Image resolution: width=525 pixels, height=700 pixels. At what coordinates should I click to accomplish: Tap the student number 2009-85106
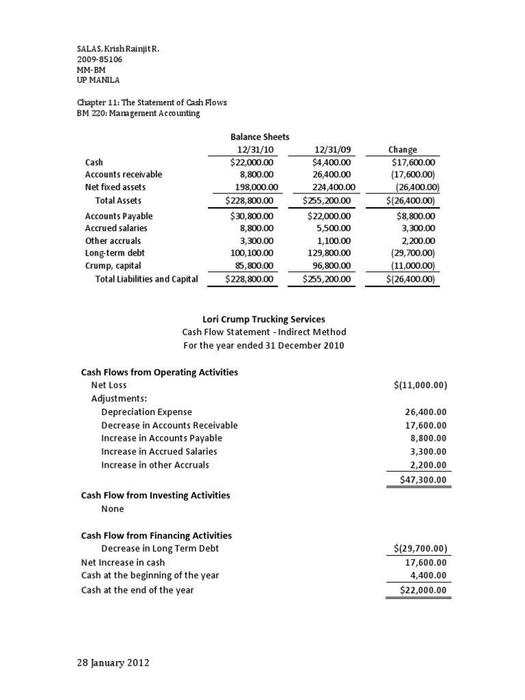click(100, 60)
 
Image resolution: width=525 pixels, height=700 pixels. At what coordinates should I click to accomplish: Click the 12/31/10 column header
click(250, 150)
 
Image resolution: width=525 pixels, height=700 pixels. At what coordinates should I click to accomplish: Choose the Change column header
click(403, 150)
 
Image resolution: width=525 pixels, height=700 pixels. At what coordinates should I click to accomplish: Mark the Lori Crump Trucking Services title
click(264, 319)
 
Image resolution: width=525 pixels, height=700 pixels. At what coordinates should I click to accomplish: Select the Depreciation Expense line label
click(146, 412)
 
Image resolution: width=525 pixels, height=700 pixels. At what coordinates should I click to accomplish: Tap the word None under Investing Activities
click(112, 509)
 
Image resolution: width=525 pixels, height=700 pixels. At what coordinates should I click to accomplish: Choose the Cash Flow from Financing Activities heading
click(157, 536)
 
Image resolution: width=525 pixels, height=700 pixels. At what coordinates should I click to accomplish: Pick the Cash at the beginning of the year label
click(150, 576)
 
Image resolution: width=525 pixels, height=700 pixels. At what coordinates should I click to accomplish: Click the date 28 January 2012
click(113, 663)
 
